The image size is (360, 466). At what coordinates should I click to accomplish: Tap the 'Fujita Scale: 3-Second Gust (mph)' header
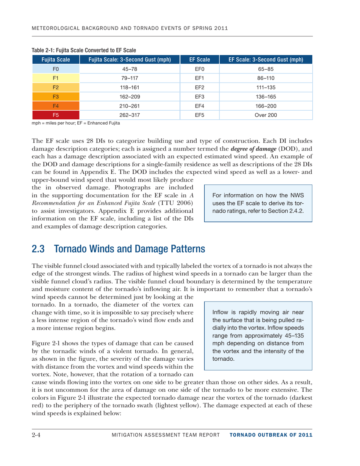click(x=130, y=59)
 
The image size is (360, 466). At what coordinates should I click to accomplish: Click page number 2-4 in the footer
click(x=38, y=444)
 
